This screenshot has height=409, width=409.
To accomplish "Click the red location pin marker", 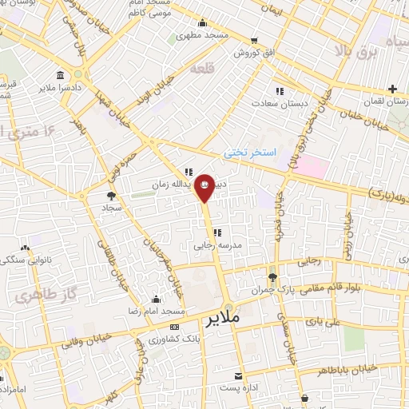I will [204, 187].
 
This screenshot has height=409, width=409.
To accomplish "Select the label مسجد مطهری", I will [204, 36].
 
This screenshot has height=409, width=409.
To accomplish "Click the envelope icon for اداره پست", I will [238, 375].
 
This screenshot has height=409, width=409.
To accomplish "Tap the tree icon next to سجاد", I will [110, 194].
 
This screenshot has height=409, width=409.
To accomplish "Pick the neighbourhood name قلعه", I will [204, 69].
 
